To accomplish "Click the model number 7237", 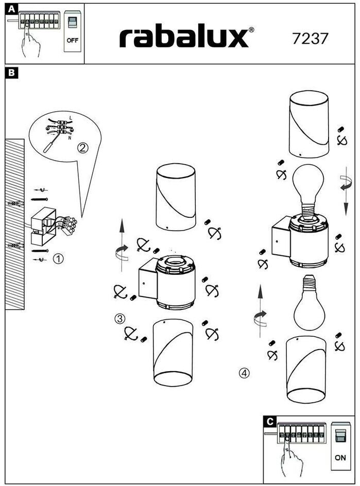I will tap(310, 39).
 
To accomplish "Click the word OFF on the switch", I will tap(73, 40).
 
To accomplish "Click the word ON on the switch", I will tap(340, 457).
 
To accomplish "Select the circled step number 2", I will tap(82, 148).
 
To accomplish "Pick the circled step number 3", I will tap(119, 319).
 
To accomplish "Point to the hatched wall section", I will tap(14, 224).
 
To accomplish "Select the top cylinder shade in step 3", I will tap(176, 197).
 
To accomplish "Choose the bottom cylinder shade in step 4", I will tap(306, 370).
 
